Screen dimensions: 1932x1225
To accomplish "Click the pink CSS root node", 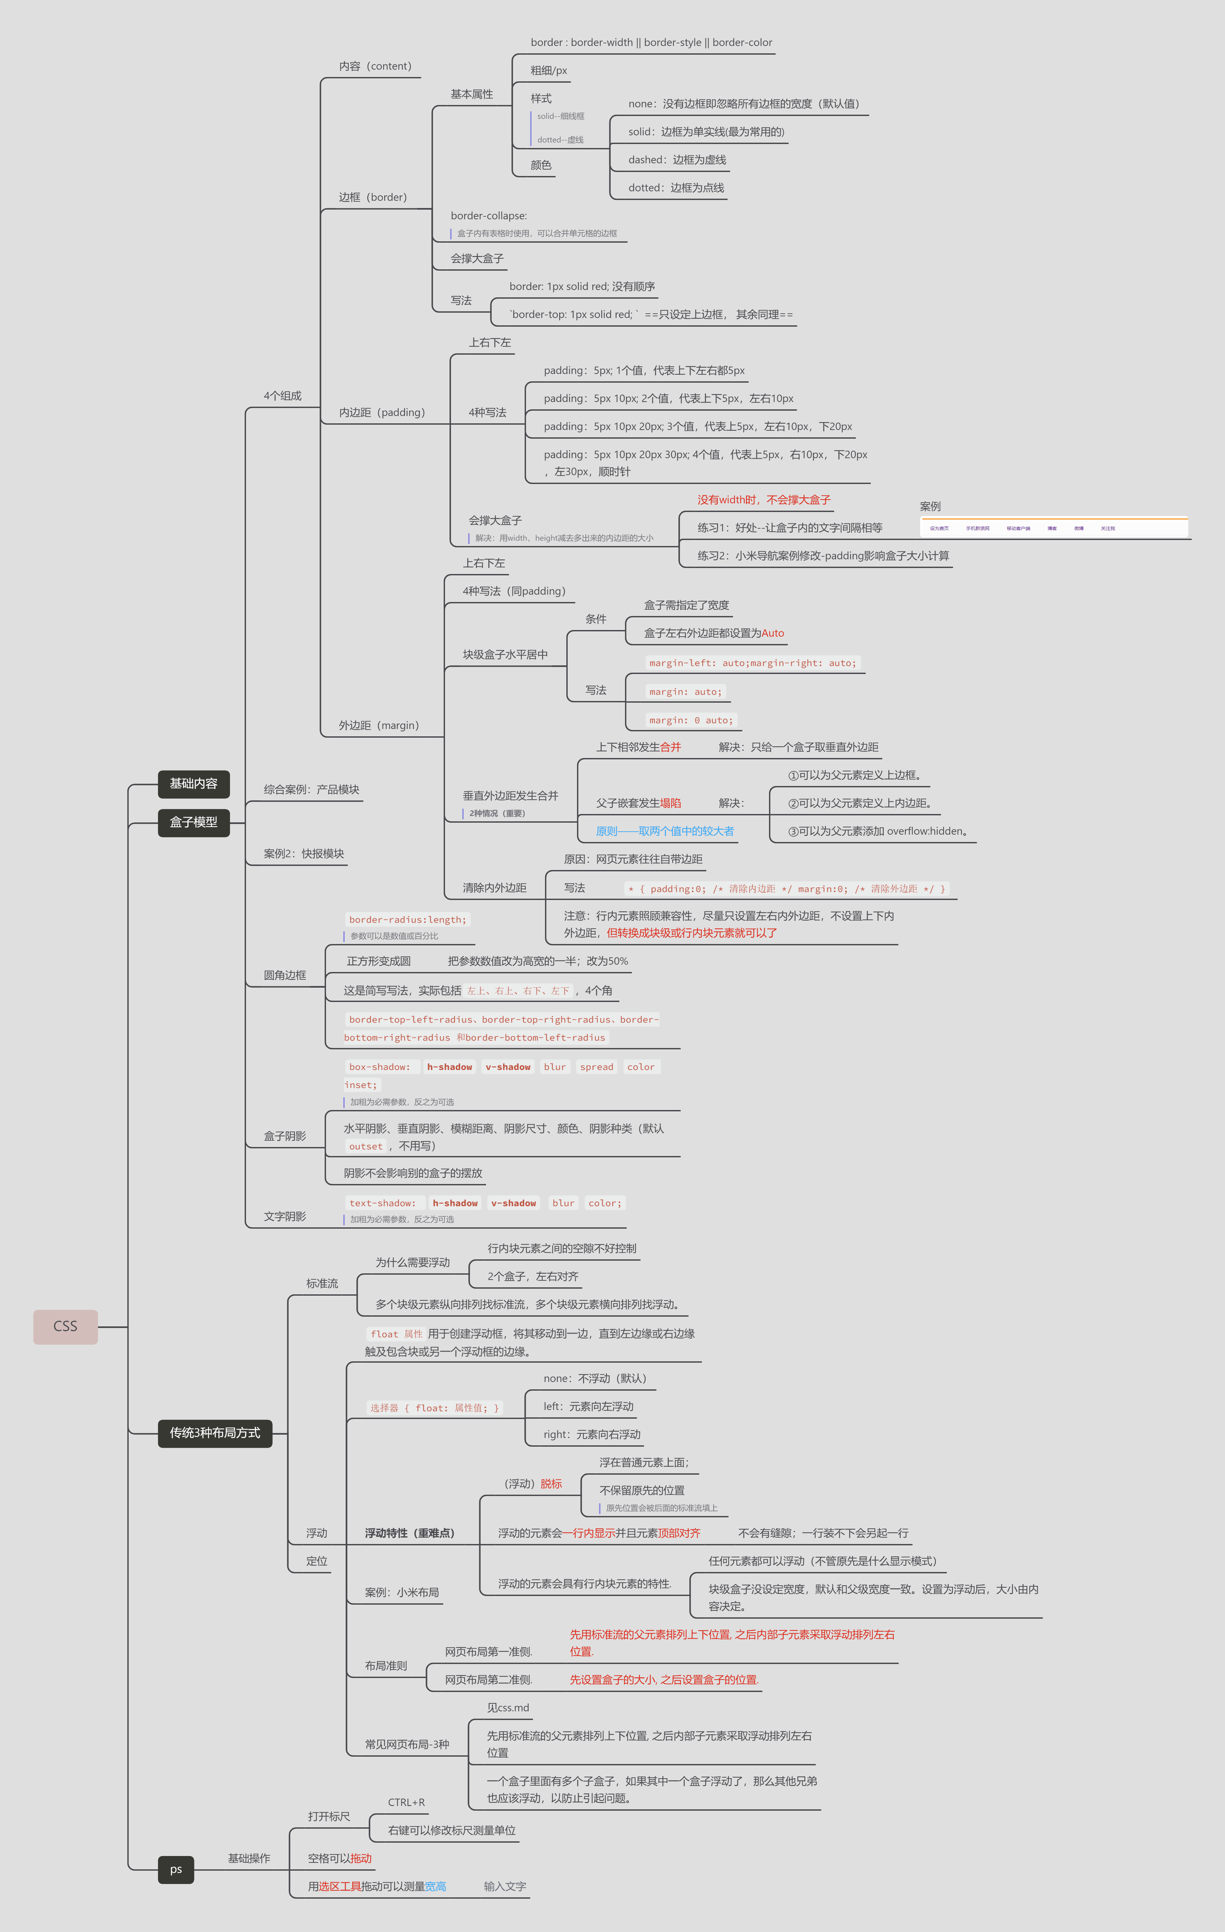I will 65,1326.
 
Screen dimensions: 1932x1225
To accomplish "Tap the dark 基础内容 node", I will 193,783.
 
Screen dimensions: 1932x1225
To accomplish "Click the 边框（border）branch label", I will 372,197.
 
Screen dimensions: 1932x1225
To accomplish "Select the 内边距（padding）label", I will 381,412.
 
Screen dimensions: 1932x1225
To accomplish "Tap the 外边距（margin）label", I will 379,725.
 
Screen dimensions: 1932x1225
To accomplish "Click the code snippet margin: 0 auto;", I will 691,720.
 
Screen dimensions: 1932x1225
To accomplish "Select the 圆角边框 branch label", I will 285,975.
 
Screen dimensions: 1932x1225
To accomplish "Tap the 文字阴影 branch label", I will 285,1216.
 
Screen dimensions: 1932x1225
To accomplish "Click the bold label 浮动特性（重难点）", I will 410,1533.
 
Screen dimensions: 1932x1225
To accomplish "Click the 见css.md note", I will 508,1707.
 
